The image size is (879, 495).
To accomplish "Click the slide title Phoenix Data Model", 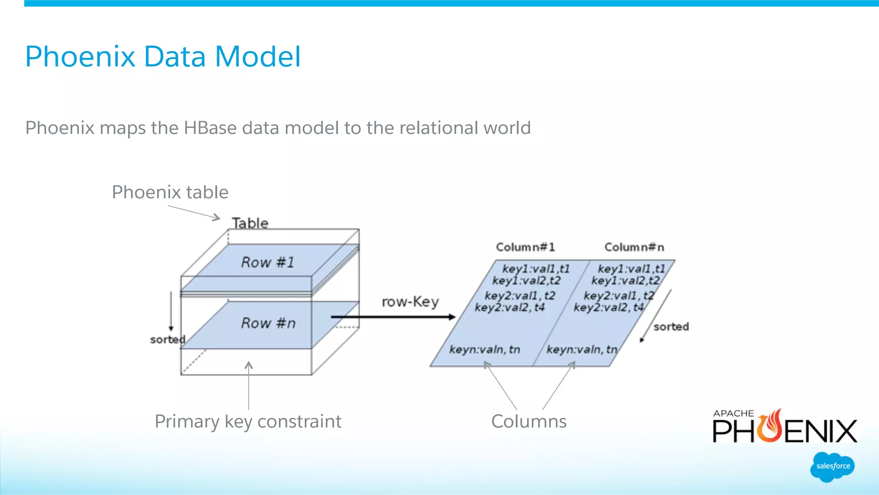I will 163,57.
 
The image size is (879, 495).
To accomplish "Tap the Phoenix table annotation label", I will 170,192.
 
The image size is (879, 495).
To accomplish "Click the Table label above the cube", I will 250,223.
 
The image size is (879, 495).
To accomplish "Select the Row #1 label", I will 268,262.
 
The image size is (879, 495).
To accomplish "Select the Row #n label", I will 269,323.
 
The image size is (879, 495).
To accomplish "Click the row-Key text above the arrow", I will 410,302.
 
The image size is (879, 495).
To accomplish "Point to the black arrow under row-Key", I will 393,317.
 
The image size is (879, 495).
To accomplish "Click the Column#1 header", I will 525,247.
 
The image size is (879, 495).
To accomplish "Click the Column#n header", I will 634,247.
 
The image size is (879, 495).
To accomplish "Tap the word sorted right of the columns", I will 671,327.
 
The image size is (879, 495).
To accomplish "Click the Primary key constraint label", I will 248,422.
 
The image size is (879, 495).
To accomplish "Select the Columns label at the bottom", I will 529,422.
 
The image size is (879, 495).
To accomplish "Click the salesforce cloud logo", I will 833,467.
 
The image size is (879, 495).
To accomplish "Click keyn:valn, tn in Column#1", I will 485,349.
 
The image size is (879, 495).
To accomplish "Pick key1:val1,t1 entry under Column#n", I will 631,269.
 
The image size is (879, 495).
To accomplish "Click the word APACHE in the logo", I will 734,413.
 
